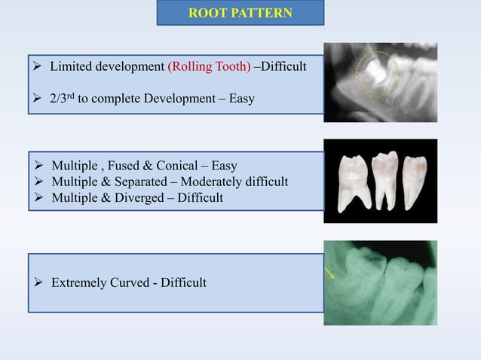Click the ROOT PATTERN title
240,13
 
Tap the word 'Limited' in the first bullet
72,67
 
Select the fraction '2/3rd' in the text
65,99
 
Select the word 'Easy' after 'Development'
240,99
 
